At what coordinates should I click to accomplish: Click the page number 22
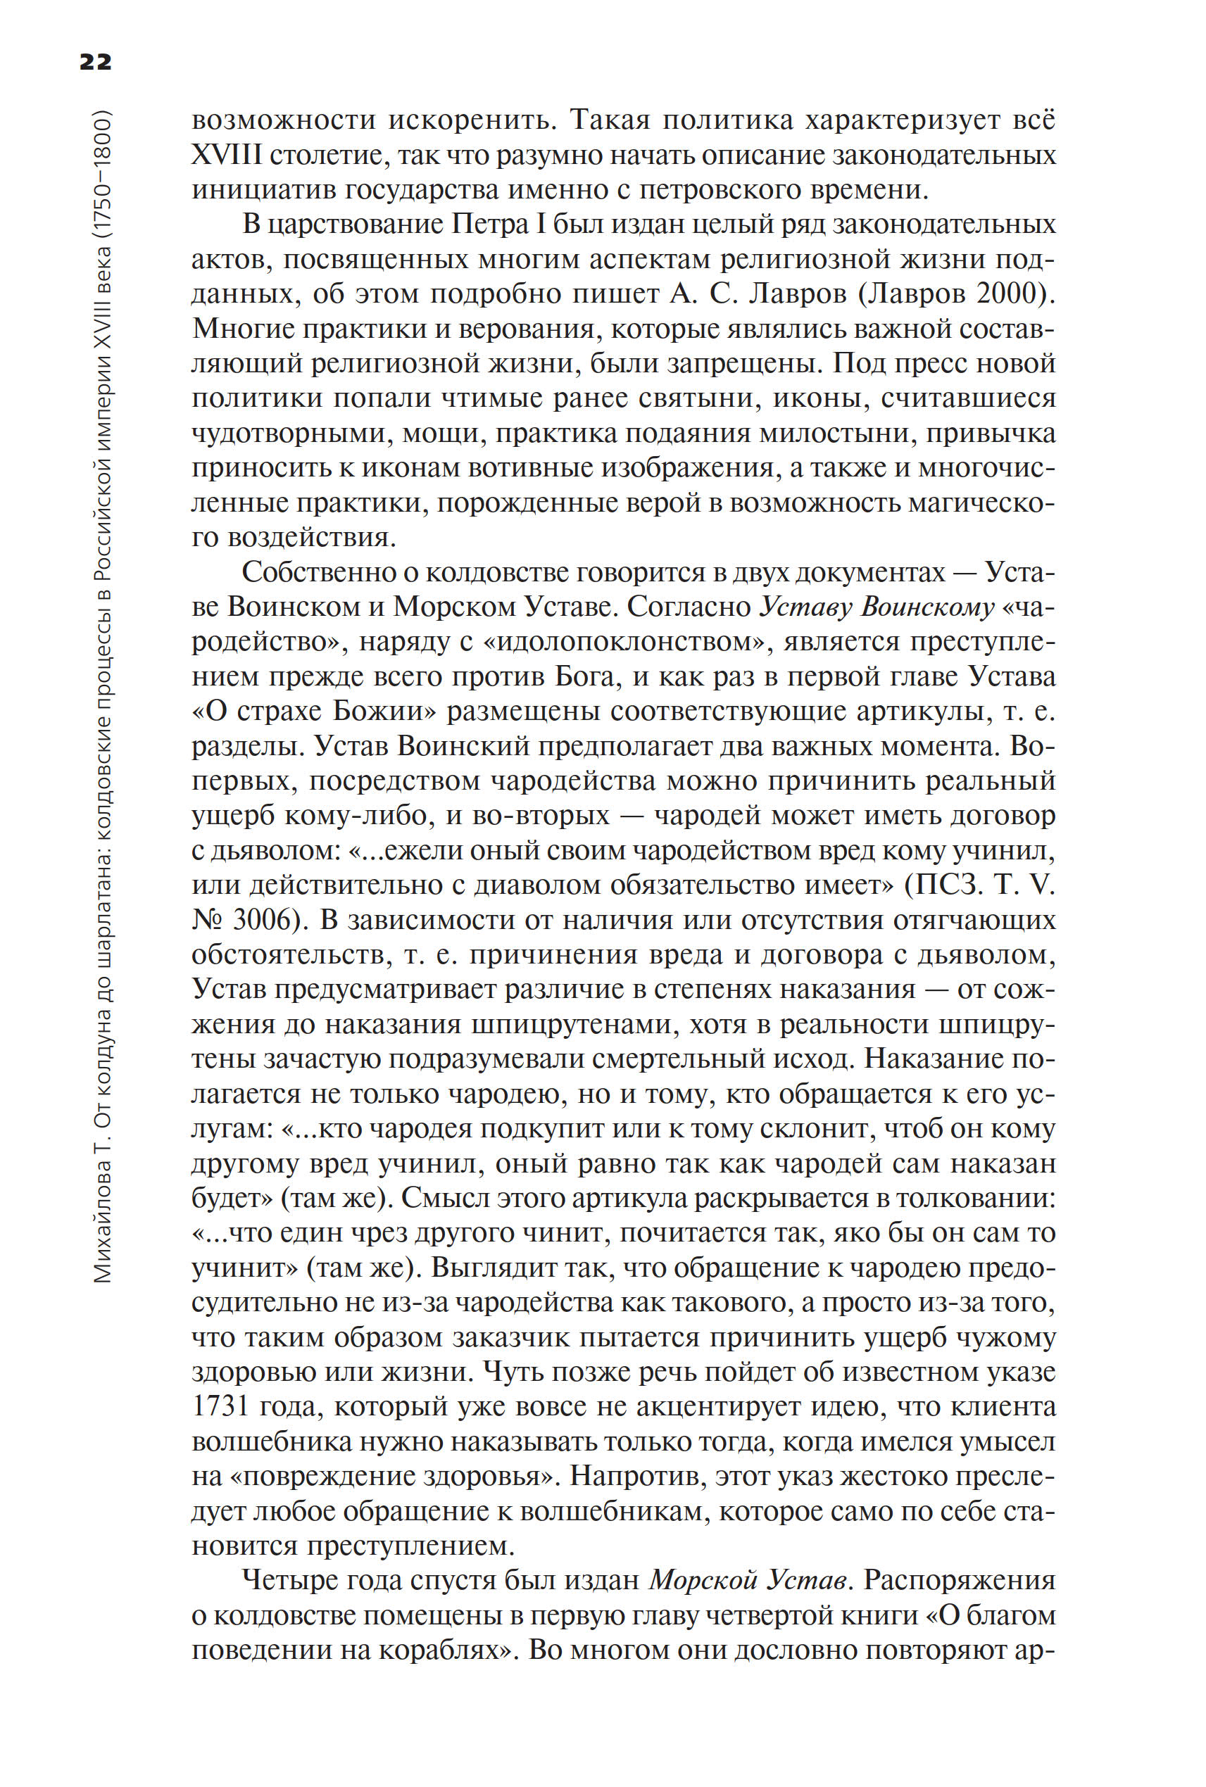95,61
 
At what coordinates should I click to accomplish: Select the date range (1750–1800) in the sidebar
103,177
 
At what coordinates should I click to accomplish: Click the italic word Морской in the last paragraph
698,1581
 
